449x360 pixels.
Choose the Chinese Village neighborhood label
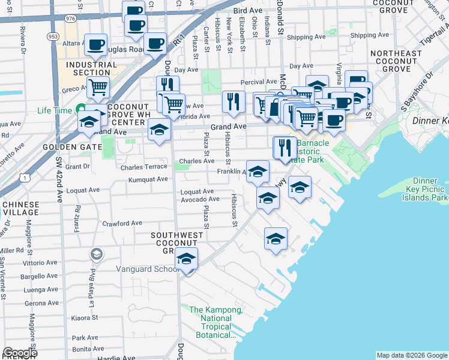pos(20,208)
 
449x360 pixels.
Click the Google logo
pos(20,353)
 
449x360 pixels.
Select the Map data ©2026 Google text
pos(412,355)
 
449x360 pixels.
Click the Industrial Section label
pos(92,68)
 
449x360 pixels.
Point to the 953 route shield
pos(53,36)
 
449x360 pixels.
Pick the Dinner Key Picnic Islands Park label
pos(424,188)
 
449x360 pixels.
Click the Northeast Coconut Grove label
pos(396,61)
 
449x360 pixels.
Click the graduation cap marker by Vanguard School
pos(187,259)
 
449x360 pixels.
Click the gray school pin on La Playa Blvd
pos(95,255)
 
